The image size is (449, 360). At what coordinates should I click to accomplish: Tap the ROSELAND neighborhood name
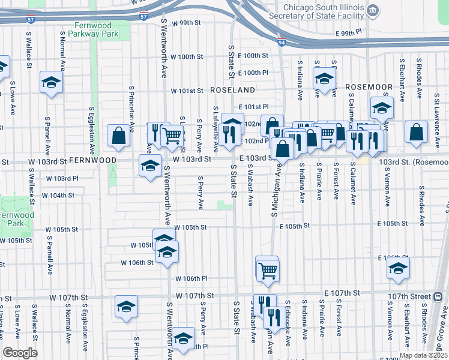[233, 89]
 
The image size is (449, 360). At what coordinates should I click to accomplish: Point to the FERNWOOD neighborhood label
[92, 161]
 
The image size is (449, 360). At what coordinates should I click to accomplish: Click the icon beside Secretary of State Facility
[373, 10]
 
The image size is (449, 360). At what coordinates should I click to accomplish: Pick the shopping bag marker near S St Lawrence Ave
[416, 133]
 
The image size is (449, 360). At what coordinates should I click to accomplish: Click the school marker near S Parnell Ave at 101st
[52, 82]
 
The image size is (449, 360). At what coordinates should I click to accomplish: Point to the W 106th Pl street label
[191, 278]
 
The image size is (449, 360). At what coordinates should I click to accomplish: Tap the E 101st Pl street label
[252, 107]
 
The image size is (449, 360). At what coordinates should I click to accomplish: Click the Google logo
[20, 353]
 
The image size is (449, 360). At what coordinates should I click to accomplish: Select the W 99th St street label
[184, 23]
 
